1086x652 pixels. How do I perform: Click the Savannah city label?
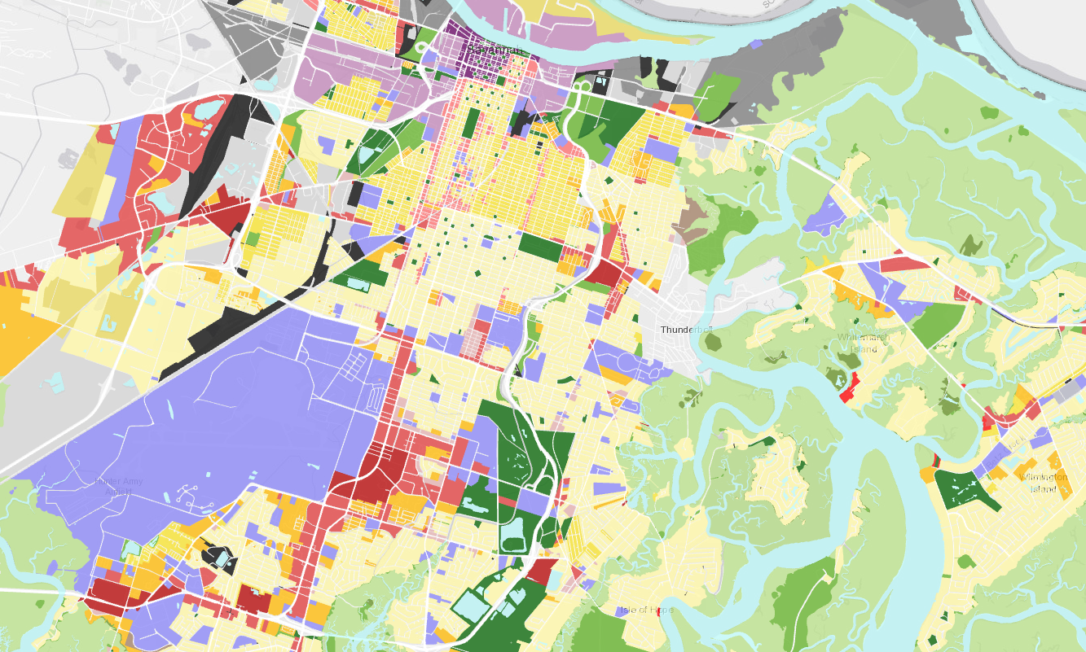point(494,50)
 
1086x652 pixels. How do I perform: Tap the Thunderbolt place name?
point(686,330)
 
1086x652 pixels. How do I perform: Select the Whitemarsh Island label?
point(864,343)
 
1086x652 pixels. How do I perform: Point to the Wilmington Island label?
point(1046,483)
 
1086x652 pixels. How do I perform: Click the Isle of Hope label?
point(645,610)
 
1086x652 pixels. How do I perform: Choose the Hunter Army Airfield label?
point(119,486)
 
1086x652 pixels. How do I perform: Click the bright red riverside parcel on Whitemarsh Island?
point(849,388)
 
